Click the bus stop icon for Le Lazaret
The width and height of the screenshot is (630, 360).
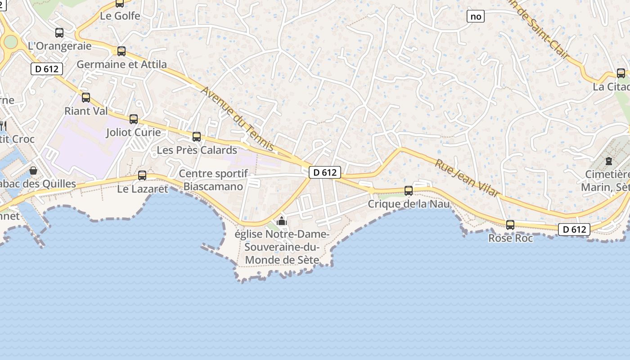(x=142, y=175)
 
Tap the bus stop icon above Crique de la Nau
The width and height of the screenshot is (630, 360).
(x=409, y=191)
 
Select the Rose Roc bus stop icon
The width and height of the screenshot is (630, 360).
(x=510, y=225)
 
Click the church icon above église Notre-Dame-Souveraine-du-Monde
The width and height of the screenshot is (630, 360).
(x=282, y=221)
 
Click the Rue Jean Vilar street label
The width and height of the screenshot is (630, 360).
(x=467, y=178)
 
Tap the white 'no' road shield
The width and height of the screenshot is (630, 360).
(x=475, y=17)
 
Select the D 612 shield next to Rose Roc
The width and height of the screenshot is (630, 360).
(x=574, y=229)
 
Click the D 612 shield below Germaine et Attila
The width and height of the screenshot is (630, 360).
(x=47, y=69)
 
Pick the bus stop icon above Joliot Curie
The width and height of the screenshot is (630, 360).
(x=134, y=119)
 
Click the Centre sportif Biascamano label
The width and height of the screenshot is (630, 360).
(x=213, y=180)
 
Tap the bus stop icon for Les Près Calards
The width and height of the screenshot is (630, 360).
(x=197, y=137)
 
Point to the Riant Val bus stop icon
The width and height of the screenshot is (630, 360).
(x=86, y=98)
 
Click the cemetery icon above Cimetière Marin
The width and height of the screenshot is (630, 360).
(x=609, y=161)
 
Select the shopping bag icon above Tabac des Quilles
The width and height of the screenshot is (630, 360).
(x=33, y=171)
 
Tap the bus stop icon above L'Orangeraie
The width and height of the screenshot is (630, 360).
(x=59, y=33)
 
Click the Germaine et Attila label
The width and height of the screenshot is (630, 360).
(x=121, y=64)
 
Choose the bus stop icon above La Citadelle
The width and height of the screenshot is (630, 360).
(x=621, y=73)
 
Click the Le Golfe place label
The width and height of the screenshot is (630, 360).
(x=120, y=16)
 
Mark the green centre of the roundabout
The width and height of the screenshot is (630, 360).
(x=10, y=42)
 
